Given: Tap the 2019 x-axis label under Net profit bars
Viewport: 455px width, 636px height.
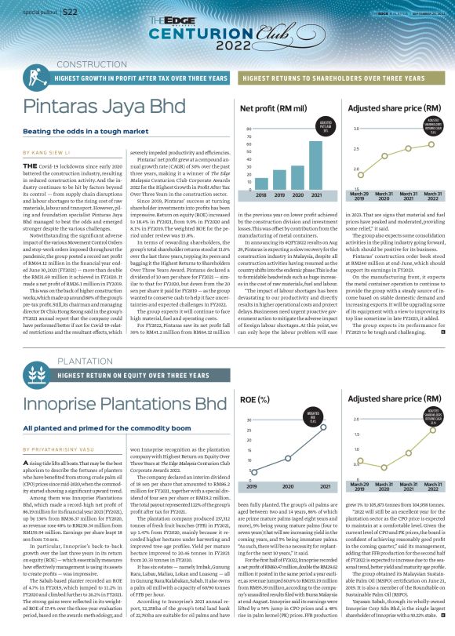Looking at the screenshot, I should coord(279,194).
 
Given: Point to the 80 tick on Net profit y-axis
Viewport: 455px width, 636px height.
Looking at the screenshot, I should coord(249,129).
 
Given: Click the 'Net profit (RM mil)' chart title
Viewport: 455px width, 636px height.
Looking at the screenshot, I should coord(272,107).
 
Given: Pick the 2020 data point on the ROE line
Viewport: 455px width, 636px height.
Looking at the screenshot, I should coord(289,457).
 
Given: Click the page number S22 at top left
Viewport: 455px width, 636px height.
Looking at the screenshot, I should coord(71,12).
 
